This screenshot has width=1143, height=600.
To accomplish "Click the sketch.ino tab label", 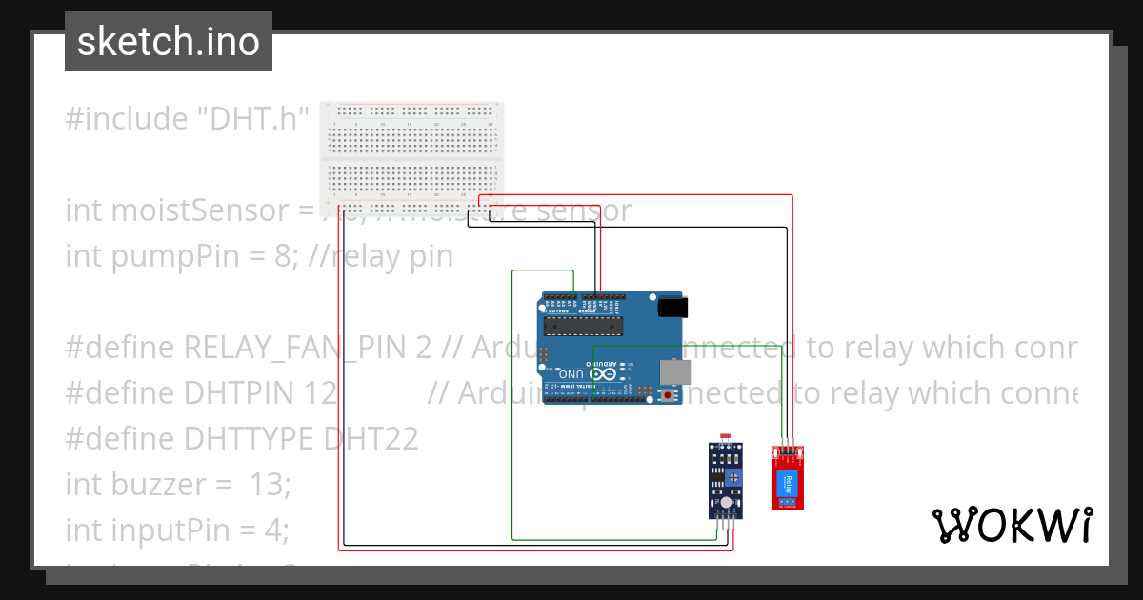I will pos(168,42).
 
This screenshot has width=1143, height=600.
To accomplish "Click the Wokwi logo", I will pos(1012,525).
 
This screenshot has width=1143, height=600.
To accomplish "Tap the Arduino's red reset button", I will pos(670,394).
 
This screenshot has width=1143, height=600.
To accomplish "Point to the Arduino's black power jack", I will pos(673,307).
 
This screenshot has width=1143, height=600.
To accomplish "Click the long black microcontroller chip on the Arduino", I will pos(582,326).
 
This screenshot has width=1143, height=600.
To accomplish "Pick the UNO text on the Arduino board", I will pos(572,374).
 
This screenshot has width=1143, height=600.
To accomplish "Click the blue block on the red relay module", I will pos(787,483).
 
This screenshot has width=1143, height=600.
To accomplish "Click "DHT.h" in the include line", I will pos(252,119).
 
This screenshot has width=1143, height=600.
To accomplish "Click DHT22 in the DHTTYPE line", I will pos(371,439).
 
